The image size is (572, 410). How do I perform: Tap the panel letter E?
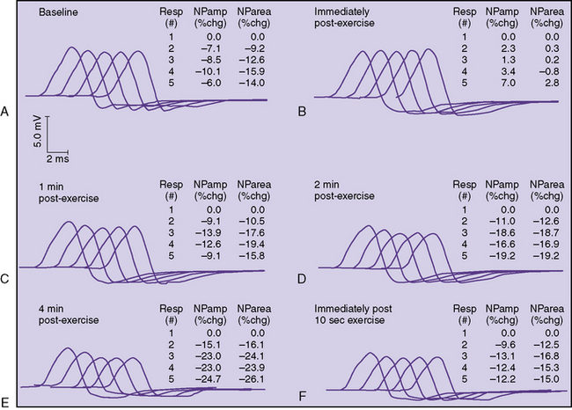[6, 402]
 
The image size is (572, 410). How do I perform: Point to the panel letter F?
[302, 402]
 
